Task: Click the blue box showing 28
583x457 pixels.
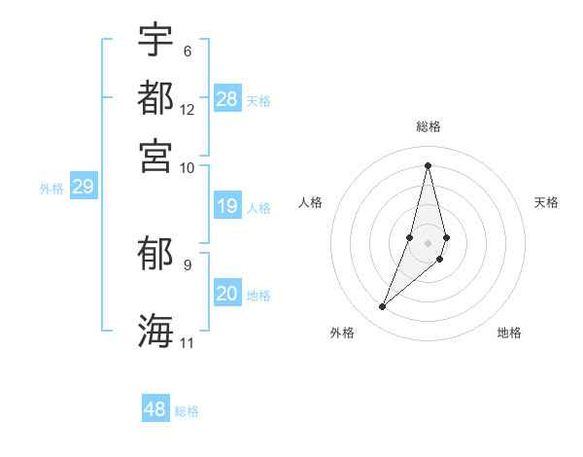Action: coord(227,99)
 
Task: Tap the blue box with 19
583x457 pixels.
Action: coord(227,206)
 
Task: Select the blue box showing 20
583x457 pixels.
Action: coord(227,294)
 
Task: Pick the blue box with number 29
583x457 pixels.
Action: coord(83,187)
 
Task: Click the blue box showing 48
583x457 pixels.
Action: coord(155,409)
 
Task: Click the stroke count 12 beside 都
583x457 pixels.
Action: coord(188,109)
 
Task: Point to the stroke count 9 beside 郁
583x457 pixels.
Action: coord(188,264)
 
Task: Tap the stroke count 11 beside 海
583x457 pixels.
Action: coord(188,342)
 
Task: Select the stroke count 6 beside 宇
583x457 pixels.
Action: coord(188,51)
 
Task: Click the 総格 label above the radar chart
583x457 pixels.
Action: coord(429,127)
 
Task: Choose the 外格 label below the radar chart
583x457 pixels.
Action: coord(342,333)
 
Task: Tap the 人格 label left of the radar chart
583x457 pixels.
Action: coord(311,202)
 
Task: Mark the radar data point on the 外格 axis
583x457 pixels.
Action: coord(383,307)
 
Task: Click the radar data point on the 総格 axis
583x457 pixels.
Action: coord(428,165)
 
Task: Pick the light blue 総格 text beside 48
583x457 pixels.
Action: coord(187,411)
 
